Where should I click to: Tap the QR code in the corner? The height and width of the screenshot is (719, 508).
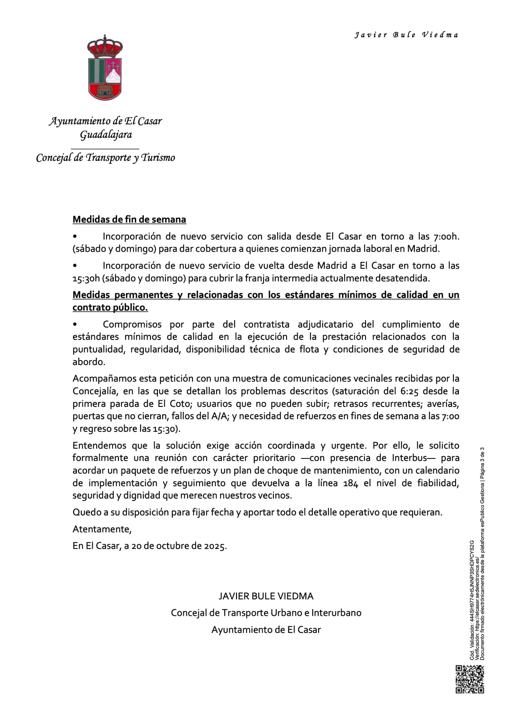tap(470, 679)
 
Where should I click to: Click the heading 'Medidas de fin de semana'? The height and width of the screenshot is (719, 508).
tap(129, 219)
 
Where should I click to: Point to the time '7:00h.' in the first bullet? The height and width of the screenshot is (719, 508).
tap(446, 236)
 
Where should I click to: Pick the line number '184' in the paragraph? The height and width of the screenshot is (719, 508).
tap(351, 483)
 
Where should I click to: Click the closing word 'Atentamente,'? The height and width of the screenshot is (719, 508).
tap(102, 529)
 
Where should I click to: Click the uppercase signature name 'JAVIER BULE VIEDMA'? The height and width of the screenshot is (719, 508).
tap(266, 596)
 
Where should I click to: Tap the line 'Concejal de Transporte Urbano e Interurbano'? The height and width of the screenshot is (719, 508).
tap(266, 613)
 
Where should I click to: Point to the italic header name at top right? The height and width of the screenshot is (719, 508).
tap(406, 35)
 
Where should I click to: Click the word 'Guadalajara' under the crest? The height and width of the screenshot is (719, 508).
tap(106, 134)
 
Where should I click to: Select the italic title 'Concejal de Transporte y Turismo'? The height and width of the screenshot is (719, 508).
tap(105, 158)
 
